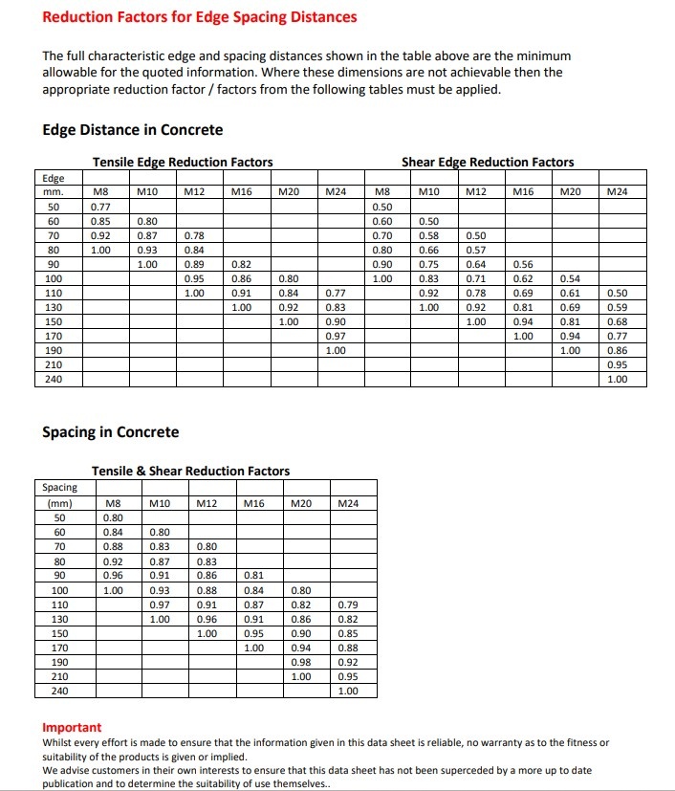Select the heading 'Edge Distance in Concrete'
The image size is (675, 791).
point(133,130)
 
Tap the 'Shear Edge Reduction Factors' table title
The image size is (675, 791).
point(488,162)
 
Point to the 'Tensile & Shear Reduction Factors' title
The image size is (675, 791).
point(190,471)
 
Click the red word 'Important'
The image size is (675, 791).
point(72,727)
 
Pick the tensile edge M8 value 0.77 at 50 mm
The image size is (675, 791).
point(99,207)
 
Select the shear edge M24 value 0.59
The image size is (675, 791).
point(618,307)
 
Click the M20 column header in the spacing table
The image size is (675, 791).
point(301,503)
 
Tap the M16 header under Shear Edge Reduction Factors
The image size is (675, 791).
point(523,192)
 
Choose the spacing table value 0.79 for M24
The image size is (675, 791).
point(348,604)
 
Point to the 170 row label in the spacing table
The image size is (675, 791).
point(59,648)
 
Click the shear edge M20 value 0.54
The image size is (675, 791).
point(570,278)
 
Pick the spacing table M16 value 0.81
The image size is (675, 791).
point(253,576)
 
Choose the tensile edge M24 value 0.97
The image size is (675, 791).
point(335,336)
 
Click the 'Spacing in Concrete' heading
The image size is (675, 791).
point(111,432)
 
